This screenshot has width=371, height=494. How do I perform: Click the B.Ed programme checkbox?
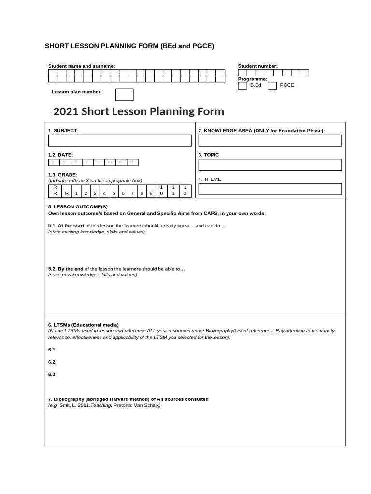click(x=242, y=86)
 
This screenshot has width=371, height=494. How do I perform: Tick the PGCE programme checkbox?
click(x=272, y=86)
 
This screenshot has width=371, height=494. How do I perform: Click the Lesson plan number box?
click(x=124, y=95)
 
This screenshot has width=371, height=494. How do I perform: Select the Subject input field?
click(x=119, y=140)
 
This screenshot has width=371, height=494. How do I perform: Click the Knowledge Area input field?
click(x=270, y=140)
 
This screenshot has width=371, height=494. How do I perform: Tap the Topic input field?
click(x=270, y=165)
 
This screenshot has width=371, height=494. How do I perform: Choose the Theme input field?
click(x=270, y=189)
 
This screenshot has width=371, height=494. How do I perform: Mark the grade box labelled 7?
click(x=132, y=193)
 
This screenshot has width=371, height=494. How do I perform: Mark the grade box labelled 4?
click(x=104, y=193)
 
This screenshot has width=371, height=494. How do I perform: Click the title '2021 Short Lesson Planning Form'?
click(x=138, y=111)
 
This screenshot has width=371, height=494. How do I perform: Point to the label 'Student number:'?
click(x=257, y=66)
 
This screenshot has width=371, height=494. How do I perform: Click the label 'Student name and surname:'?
click(x=81, y=66)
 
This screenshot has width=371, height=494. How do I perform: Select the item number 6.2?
click(x=52, y=362)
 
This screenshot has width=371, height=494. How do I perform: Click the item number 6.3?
click(x=52, y=374)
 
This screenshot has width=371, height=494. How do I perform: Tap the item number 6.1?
click(x=52, y=349)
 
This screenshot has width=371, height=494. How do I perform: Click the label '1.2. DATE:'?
click(x=60, y=155)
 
